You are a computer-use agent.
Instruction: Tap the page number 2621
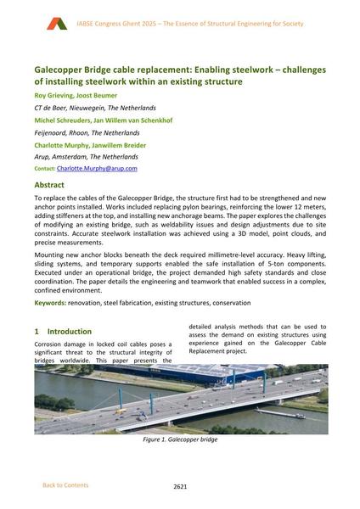180,486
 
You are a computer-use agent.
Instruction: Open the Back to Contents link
65,485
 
